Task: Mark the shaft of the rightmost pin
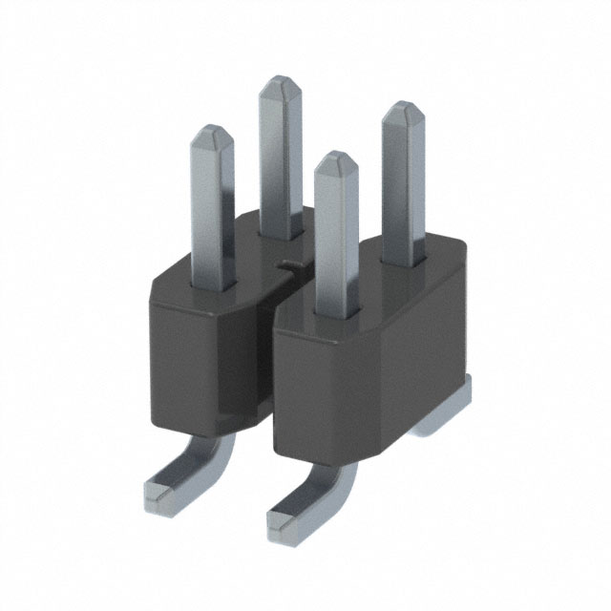(x=400, y=191)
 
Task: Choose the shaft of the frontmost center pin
(x=336, y=239)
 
